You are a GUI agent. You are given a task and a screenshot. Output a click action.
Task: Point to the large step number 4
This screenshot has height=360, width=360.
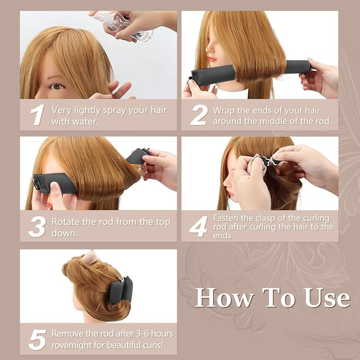(199, 226)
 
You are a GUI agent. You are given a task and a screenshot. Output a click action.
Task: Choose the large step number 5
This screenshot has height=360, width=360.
(37, 339)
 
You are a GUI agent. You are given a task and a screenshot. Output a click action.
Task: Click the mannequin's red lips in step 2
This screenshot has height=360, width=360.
(212, 59)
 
